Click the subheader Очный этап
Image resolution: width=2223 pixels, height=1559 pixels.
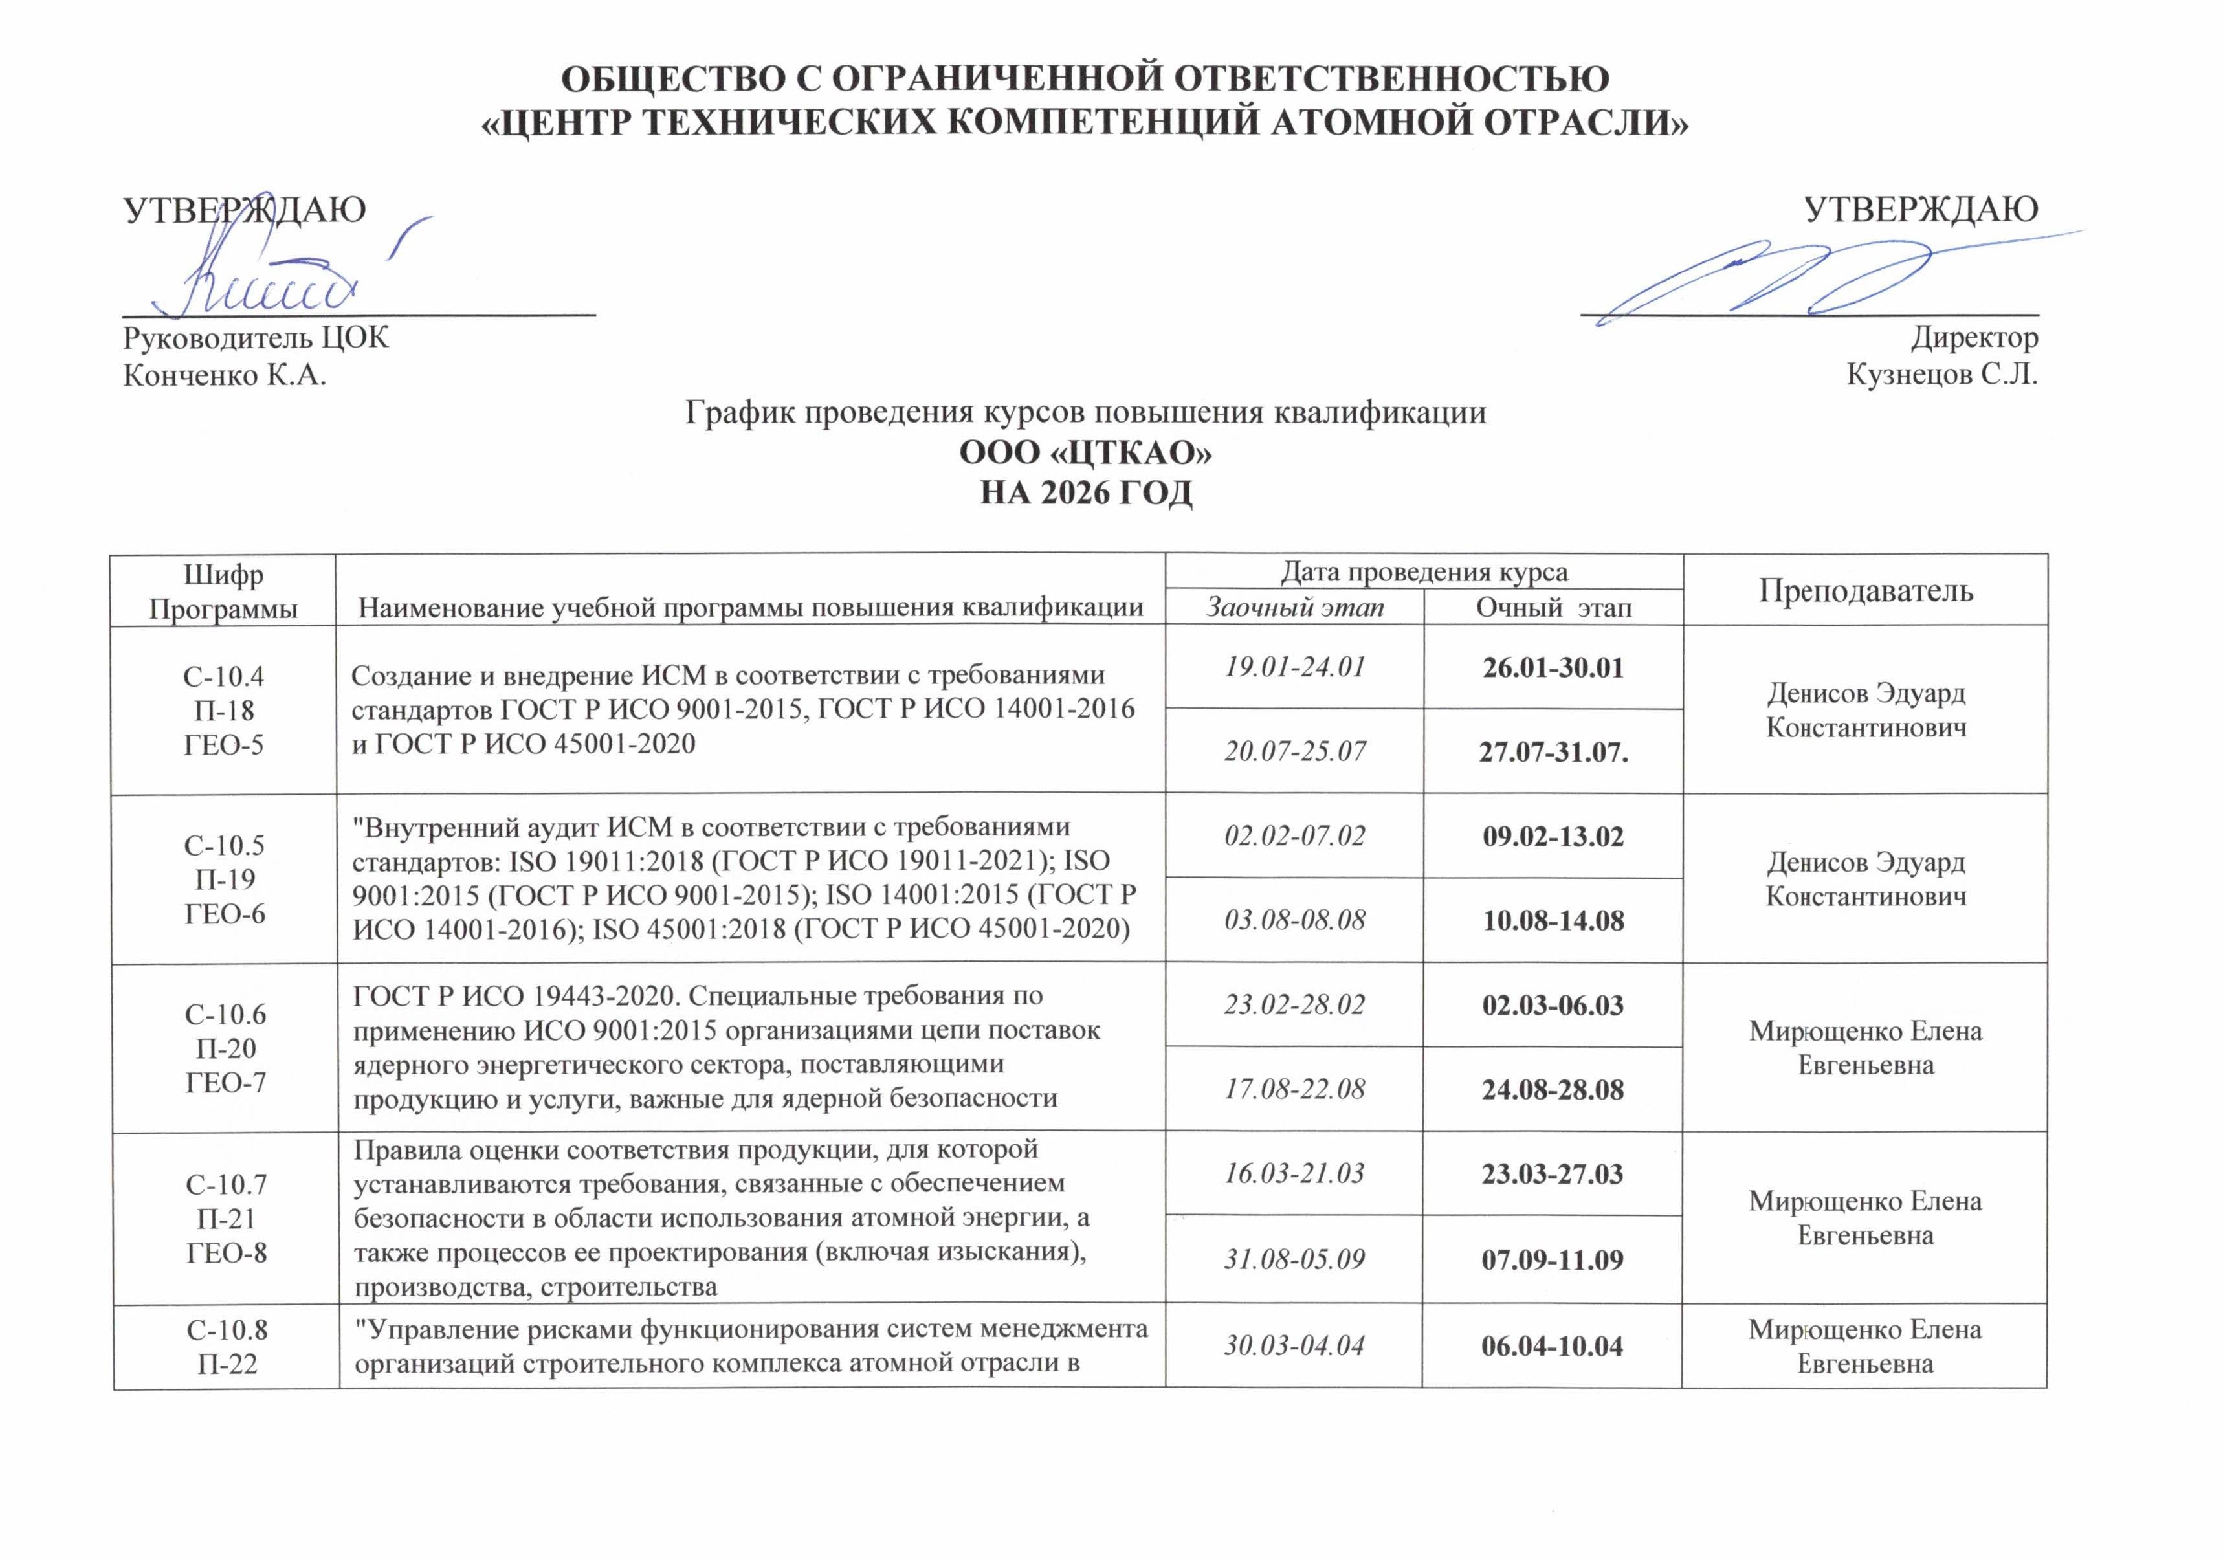[x=1553, y=607]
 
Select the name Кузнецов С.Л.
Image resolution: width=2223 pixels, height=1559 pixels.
[x=1941, y=374]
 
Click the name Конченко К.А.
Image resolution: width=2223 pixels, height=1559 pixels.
[x=225, y=374]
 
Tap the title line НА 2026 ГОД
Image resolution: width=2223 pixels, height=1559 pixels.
[x=1085, y=493]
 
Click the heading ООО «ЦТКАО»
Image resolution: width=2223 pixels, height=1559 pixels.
[x=1085, y=452]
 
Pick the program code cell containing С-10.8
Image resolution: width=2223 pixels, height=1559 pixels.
[x=227, y=1347]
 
